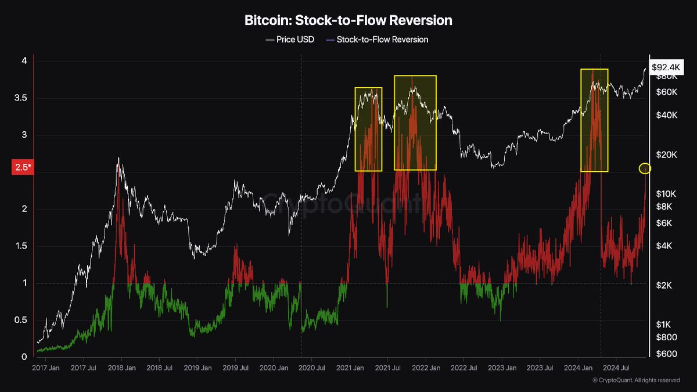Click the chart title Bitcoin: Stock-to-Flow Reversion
coord(348,20)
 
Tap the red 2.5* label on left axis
coord(22,168)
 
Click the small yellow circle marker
coord(645,168)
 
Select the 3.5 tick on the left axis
coord(21,98)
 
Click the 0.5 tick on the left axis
coord(21,320)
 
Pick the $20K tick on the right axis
coord(662,154)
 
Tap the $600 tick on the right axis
coord(662,354)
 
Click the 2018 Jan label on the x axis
coord(123,368)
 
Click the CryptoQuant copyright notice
coord(636,380)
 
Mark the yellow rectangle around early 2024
coord(594,120)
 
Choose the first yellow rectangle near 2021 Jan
coord(368,129)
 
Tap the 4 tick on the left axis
coord(24,61)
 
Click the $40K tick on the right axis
coord(662,115)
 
